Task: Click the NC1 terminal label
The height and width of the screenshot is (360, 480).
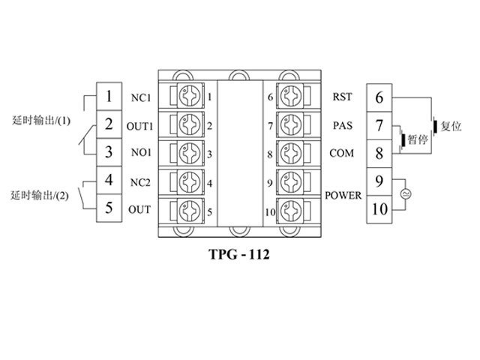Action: (x=140, y=97)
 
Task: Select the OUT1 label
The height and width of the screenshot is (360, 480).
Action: (x=140, y=125)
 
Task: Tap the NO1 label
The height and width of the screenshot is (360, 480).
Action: (x=140, y=154)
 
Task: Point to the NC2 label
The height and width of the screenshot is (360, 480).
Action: (x=140, y=182)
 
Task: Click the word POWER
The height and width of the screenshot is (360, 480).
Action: (x=343, y=196)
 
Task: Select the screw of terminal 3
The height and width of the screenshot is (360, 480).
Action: (x=189, y=154)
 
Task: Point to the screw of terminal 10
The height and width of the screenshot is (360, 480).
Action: (x=289, y=211)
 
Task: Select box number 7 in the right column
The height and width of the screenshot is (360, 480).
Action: (x=379, y=125)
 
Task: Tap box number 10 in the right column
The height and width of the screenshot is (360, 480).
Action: (x=379, y=208)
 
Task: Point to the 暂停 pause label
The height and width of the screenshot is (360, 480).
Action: (x=418, y=139)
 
